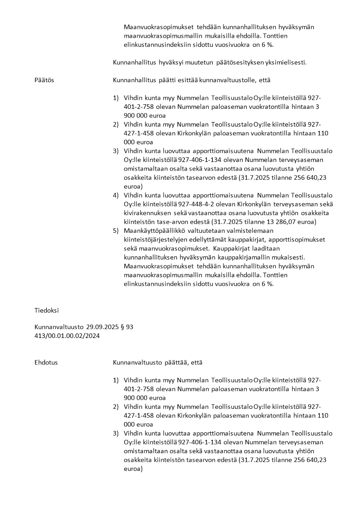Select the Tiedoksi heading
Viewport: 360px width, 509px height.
pyautogui.click(x=47, y=311)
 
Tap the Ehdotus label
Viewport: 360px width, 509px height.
pyautogui.click(x=46, y=362)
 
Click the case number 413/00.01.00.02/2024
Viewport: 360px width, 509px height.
pyautogui.click(x=67, y=336)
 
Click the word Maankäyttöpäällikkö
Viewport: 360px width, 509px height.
pyautogui.click(x=155, y=230)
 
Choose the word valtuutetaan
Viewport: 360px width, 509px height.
pyautogui.click(x=210, y=230)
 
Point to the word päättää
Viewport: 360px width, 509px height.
pyautogui.click(x=171, y=362)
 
